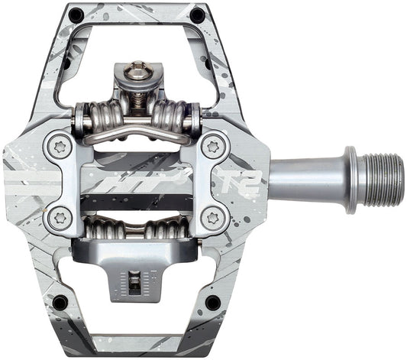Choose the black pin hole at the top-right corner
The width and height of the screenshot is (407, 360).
(197, 15)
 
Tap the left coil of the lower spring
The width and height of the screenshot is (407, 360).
(102, 229)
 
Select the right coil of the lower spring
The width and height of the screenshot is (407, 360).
(168, 229)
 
